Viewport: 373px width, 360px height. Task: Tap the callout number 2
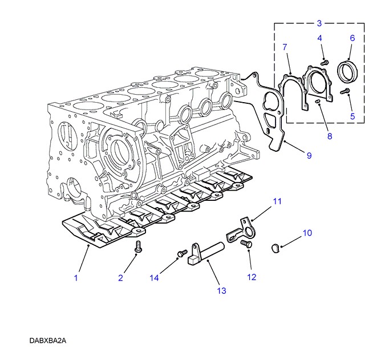121,278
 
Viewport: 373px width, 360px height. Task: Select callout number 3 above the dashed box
319,23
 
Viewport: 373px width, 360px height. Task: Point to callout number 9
309,156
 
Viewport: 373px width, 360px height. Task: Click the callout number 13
221,290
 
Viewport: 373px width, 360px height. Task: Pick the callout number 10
307,233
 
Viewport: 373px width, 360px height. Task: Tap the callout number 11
277,201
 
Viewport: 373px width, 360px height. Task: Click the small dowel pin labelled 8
317,101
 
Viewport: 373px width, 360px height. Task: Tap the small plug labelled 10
274,246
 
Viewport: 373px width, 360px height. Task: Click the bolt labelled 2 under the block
137,247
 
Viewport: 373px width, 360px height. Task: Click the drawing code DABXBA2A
48,341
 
